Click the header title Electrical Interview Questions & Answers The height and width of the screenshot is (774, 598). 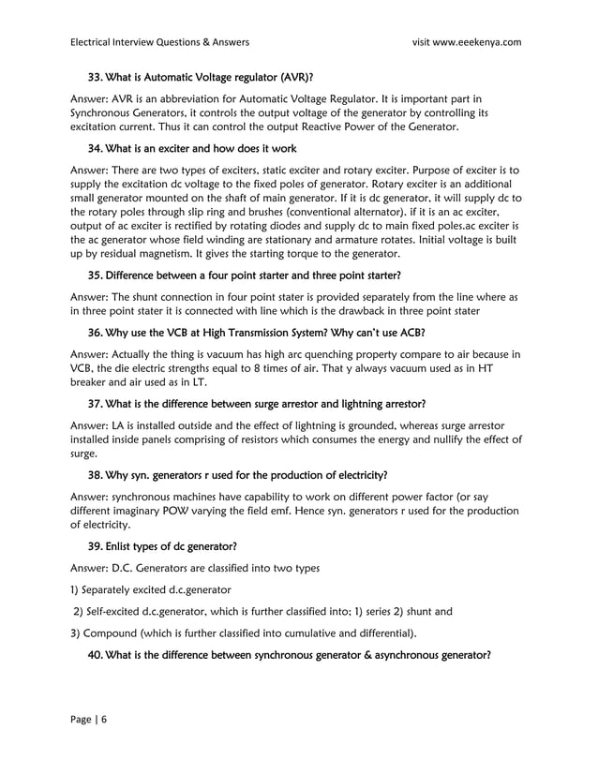point(160,41)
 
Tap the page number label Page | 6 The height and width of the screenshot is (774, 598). point(89,718)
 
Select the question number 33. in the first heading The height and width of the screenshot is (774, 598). point(96,77)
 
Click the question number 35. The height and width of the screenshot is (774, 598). point(96,275)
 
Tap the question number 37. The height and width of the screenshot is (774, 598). point(96,404)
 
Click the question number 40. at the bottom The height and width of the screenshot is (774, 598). point(96,655)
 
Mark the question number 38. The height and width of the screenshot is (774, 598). point(96,475)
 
